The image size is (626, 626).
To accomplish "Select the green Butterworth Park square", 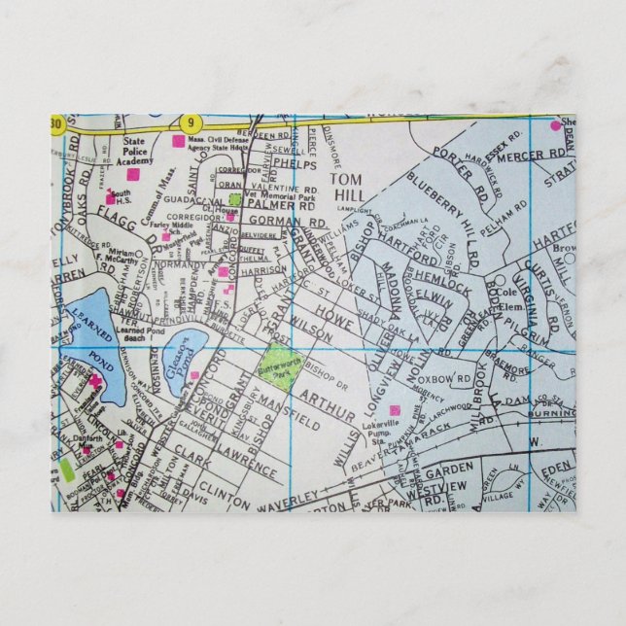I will pyautogui.click(x=278, y=363).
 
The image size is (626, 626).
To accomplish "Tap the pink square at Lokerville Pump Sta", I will pyautogui.click(x=395, y=410).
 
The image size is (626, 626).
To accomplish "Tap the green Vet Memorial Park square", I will pyautogui.click(x=234, y=199).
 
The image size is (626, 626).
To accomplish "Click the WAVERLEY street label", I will pyautogui.click(x=289, y=497).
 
